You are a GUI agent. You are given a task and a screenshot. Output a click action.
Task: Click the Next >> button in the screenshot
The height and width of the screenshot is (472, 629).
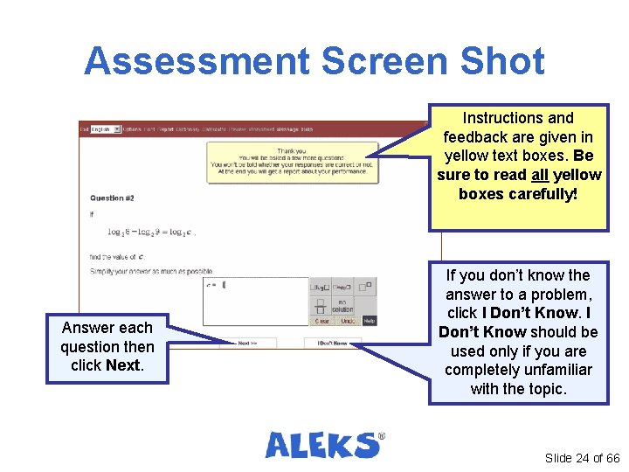pyautogui.click(x=248, y=344)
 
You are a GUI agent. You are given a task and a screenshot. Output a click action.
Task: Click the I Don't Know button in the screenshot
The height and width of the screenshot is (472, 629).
pyautogui.click(x=331, y=344)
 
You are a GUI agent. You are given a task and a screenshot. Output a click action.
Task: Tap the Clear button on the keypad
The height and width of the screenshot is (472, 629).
pyautogui.click(x=321, y=321)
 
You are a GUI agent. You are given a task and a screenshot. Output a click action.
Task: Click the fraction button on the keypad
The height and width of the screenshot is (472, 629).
pyautogui.click(x=321, y=305)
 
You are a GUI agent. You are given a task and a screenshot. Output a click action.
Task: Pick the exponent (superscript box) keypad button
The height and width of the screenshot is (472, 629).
pyautogui.click(x=365, y=286)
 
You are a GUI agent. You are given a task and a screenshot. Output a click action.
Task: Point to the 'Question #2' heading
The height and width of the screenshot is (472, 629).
pyautogui.click(x=112, y=198)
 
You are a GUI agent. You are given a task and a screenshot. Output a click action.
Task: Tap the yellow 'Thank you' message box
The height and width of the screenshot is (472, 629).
pyautogui.click(x=293, y=161)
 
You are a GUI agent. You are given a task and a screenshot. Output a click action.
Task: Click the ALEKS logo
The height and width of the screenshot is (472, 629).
pyautogui.click(x=324, y=444)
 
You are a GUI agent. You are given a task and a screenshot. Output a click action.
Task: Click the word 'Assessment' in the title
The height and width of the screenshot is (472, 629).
pyautogui.click(x=197, y=62)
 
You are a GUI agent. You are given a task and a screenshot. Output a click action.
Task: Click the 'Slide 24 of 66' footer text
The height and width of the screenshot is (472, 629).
pyautogui.click(x=582, y=458)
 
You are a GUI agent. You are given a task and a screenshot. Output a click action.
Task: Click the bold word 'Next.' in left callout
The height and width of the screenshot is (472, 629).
pyautogui.click(x=124, y=365)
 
